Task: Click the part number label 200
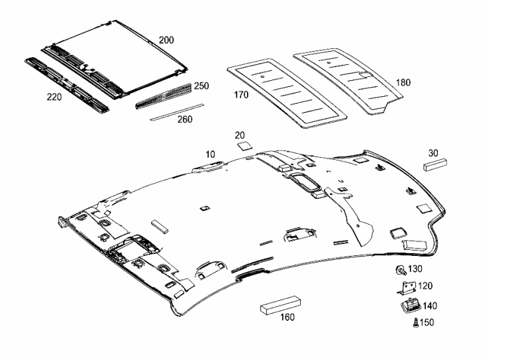click(166, 40)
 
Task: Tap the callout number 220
click(54, 97)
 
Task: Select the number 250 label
click(201, 86)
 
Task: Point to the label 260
click(185, 119)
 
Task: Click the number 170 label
click(241, 95)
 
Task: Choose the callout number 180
click(403, 83)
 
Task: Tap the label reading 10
click(210, 154)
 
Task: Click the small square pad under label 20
click(244, 147)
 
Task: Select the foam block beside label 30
click(435, 164)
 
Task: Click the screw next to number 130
click(400, 270)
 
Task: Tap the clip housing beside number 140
click(411, 306)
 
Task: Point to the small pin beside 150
click(416, 323)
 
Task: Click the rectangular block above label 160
click(282, 305)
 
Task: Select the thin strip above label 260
click(177, 112)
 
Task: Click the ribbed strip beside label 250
click(164, 96)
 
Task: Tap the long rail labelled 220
click(67, 86)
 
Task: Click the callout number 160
click(287, 317)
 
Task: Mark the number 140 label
click(430, 306)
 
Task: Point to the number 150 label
click(427, 322)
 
